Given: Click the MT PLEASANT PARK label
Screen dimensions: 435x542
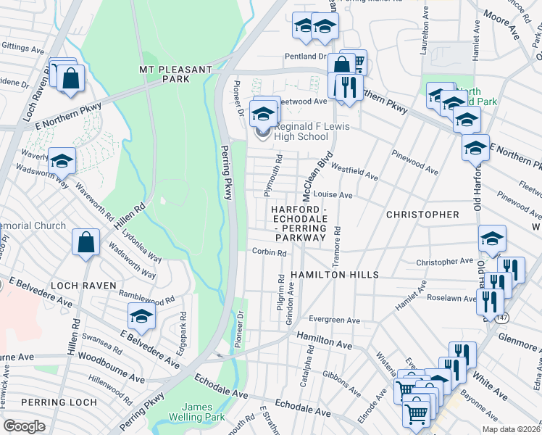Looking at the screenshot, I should [x=175, y=70].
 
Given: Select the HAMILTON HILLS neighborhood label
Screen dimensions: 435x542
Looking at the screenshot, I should [x=335, y=275].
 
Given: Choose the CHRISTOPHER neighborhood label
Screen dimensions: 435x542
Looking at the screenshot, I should [x=422, y=215].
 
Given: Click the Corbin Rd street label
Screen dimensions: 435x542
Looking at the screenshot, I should [x=270, y=252].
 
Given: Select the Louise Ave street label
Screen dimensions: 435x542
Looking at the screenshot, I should [x=333, y=195].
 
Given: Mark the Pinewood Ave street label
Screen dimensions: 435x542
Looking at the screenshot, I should [x=414, y=162].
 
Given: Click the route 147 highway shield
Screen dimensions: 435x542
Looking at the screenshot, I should [x=502, y=318].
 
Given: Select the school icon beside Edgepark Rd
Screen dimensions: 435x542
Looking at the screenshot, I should [x=141, y=315].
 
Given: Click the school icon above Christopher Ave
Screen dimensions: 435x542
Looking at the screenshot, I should [x=492, y=239].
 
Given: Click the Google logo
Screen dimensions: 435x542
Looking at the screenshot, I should [x=24, y=426].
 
